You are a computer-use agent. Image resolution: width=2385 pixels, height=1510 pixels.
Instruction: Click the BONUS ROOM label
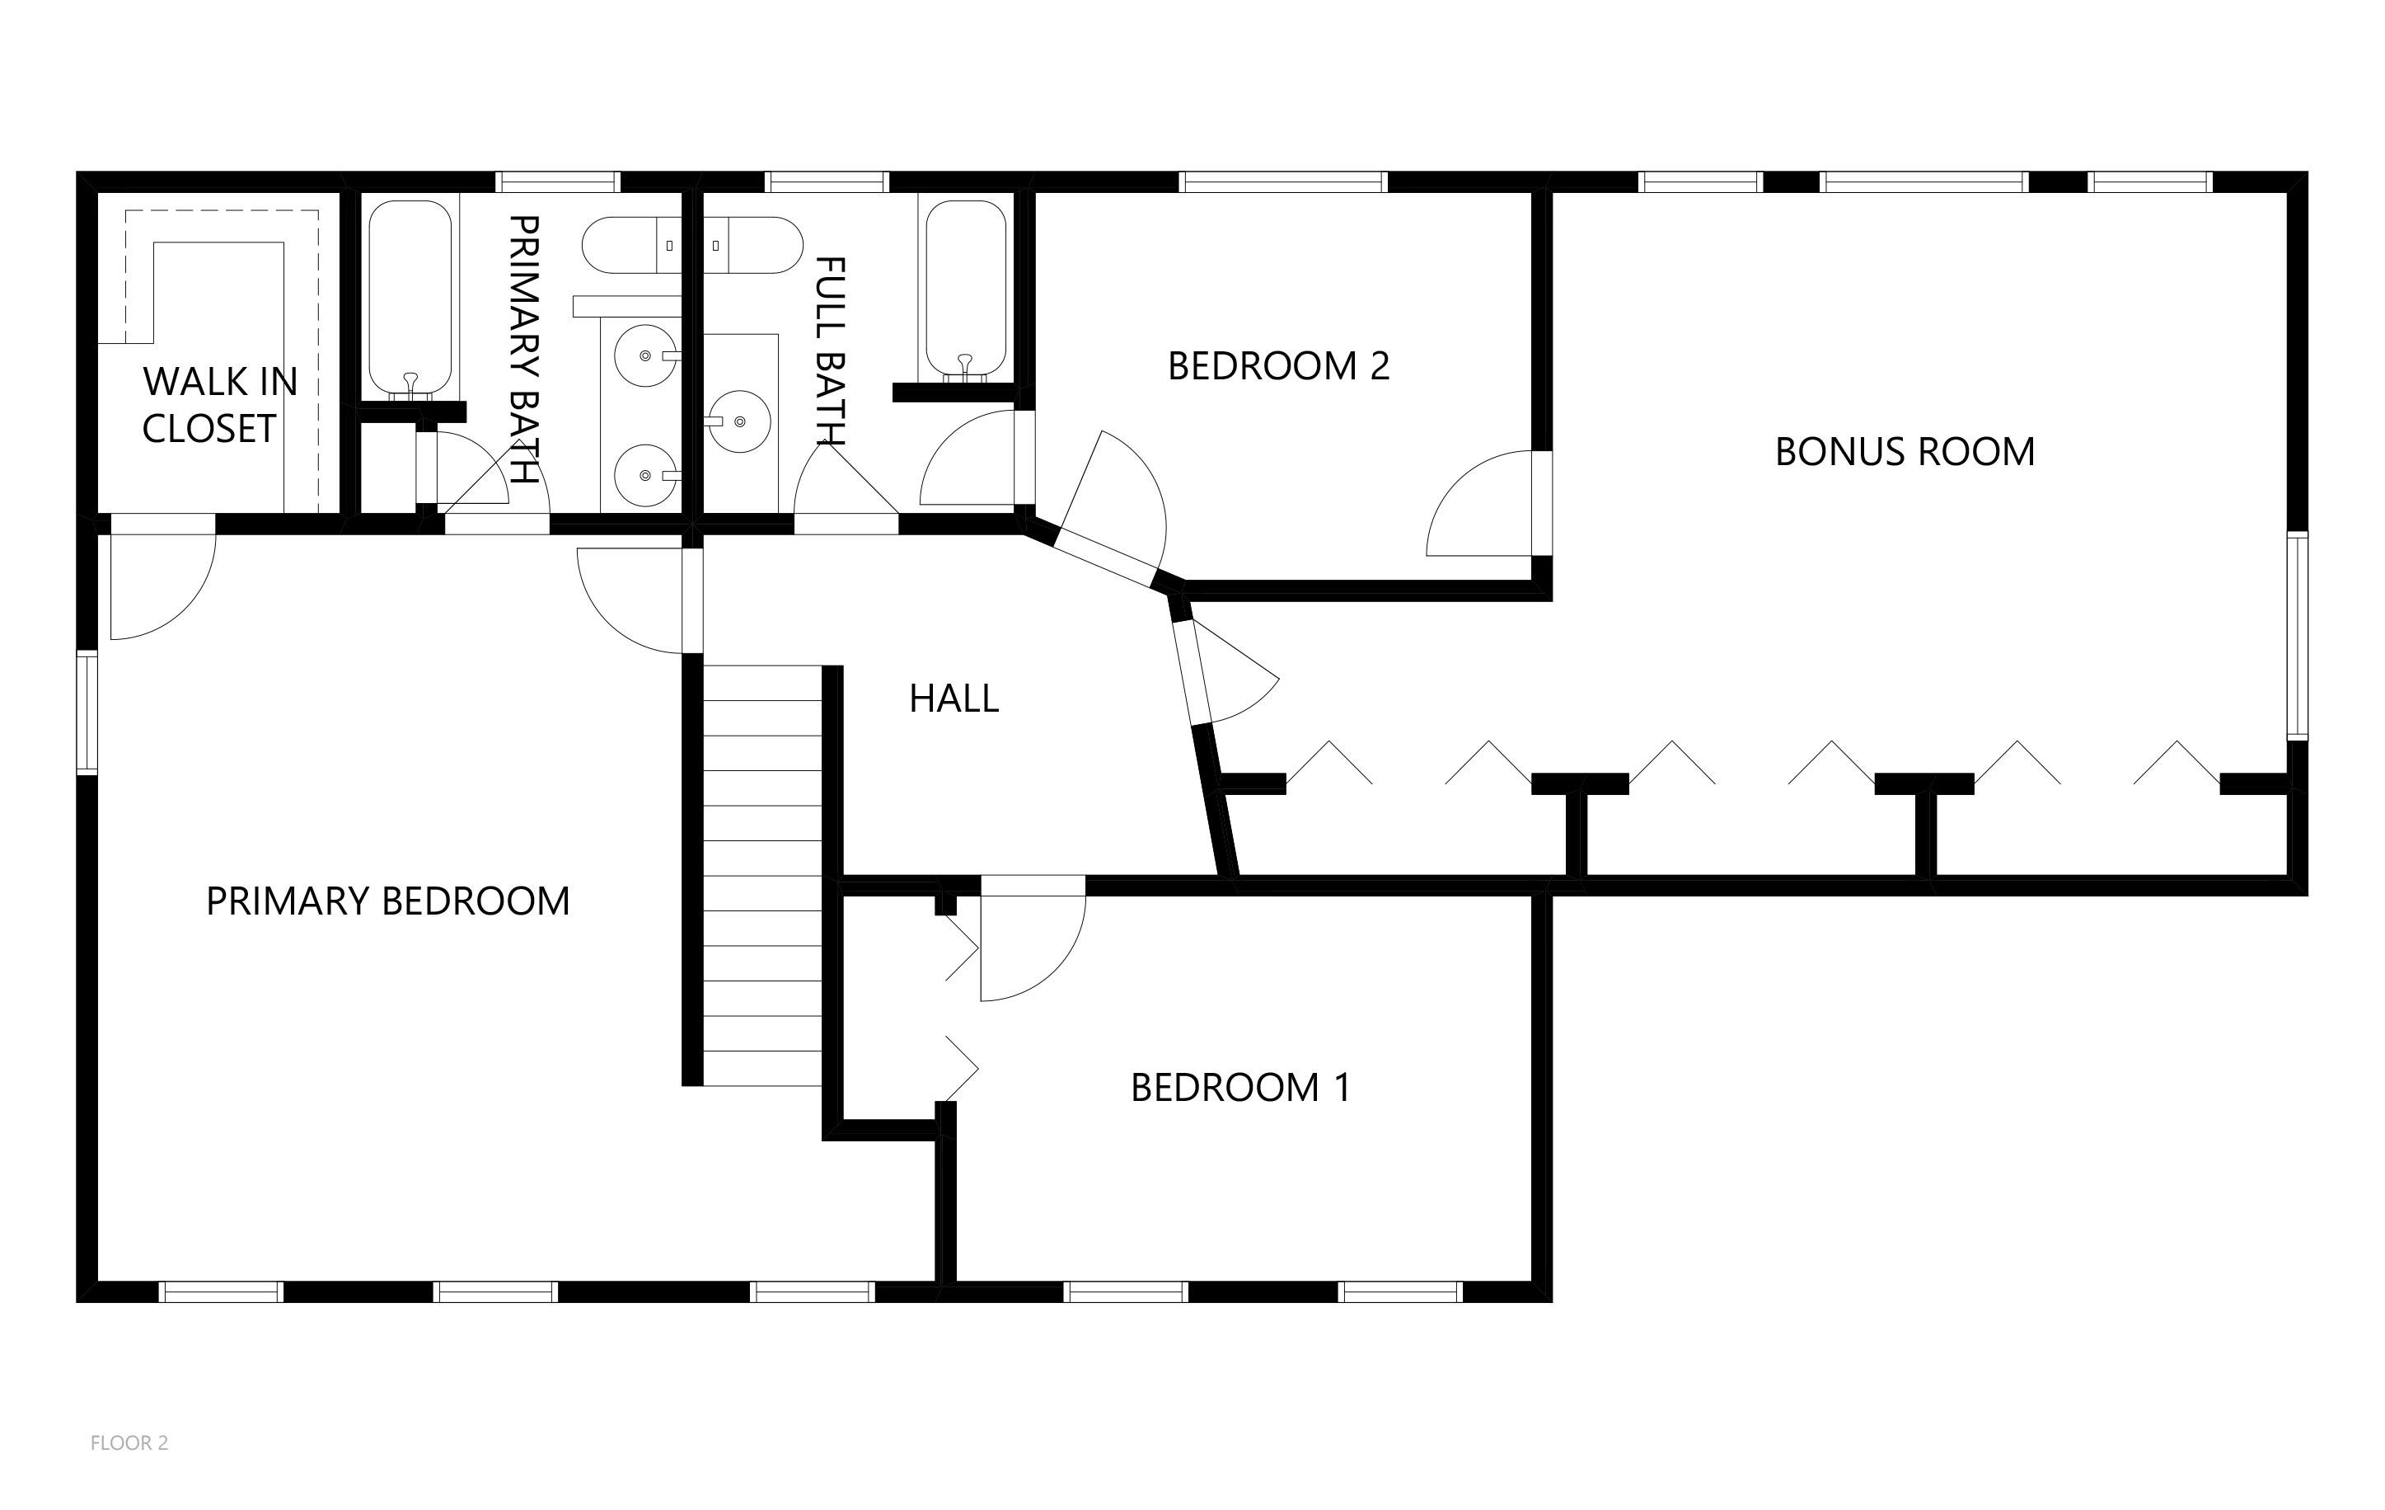click(1904, 452)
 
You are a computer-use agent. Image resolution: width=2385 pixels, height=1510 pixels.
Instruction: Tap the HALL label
click(954, 699)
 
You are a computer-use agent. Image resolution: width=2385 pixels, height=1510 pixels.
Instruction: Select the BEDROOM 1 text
click(1240, 1088)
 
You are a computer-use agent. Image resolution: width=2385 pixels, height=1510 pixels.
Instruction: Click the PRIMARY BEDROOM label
click(387, 901)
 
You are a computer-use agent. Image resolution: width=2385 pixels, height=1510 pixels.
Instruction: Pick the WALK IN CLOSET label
click(219, 405)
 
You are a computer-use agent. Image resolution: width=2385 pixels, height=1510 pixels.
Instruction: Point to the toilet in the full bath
click(752, 246)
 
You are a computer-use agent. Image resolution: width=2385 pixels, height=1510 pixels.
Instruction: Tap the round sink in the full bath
click(738, 421)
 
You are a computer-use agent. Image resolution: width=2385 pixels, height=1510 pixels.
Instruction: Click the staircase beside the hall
click(762, 876)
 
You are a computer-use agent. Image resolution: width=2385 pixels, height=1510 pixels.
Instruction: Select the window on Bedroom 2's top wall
click(1282, 182)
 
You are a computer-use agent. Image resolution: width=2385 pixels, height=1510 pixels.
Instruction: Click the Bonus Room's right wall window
click(2297, 636)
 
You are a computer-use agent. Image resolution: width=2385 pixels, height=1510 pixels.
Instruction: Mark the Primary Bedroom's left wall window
click(87, 712)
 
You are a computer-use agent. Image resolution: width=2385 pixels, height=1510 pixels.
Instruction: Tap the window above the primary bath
click(558, 182)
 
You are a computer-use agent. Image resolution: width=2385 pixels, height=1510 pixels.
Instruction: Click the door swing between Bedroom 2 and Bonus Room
click(1480, 503)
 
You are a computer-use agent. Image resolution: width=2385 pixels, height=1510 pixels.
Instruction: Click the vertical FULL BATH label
click(830, 350)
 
